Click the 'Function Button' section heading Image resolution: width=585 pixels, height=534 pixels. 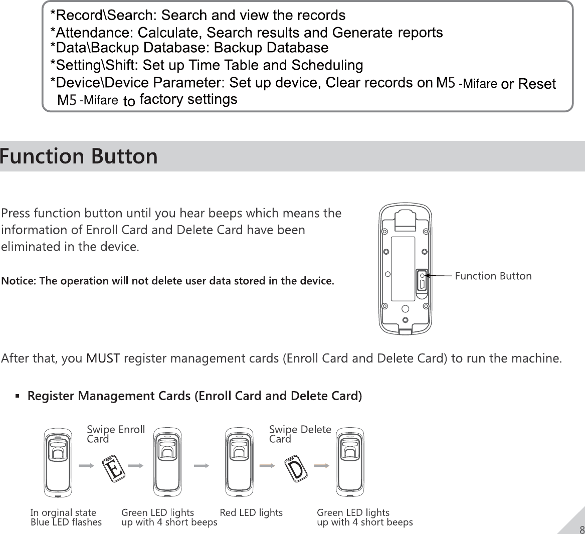[79, 156]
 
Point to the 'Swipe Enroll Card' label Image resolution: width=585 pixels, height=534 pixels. [115, 434]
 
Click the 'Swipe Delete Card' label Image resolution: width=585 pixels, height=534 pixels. [300, 434]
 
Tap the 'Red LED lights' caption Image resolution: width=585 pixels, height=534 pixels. [251, 512]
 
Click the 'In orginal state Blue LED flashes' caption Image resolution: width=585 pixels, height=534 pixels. [66, 517]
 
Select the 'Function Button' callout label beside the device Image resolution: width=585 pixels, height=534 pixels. [493, 276]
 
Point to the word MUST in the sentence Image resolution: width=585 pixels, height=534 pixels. [103, 359]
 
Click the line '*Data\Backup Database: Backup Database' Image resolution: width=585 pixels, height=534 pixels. [189, 48]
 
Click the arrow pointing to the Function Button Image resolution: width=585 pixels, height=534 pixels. [439, 275]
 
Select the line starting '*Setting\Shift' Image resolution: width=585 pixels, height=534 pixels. [207, 65]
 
